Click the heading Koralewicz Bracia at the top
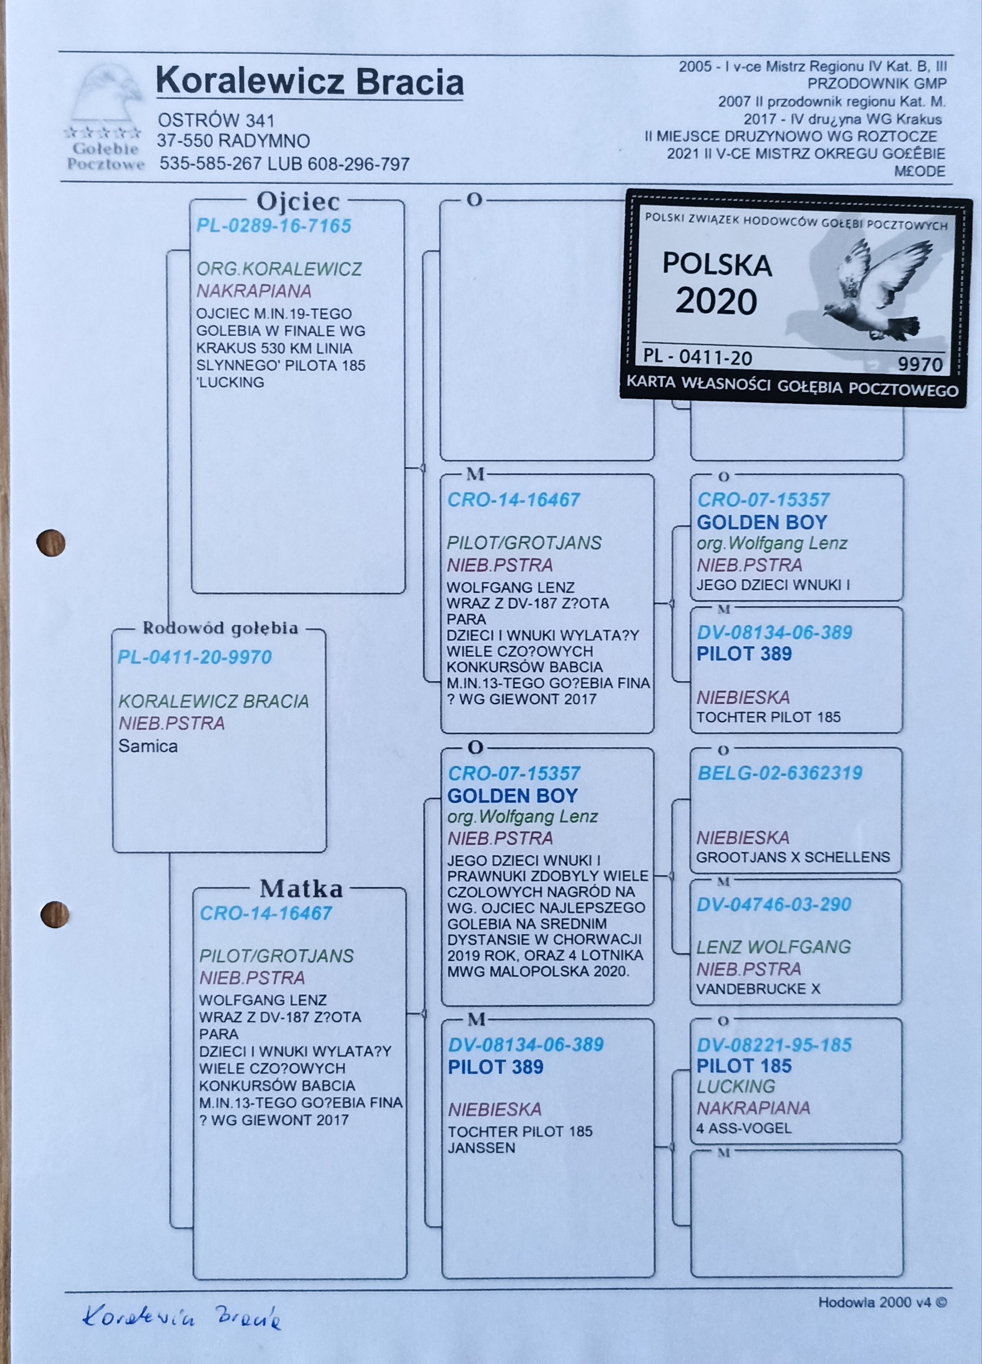coord(309,83)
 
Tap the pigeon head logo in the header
coord(106,96)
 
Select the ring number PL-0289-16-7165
coord(274,226)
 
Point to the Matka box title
coord(301,888)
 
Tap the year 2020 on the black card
coord(715,302)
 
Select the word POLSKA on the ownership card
coord(717,265)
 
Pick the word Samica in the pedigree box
coord(148,746)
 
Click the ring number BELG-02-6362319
coord(780,774)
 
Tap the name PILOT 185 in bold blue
coord(743,1066)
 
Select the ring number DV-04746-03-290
coord(773,904)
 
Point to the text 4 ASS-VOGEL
coord(743,1128)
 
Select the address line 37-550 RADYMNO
coord(233,141)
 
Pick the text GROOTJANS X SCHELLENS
coord(793,857)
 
